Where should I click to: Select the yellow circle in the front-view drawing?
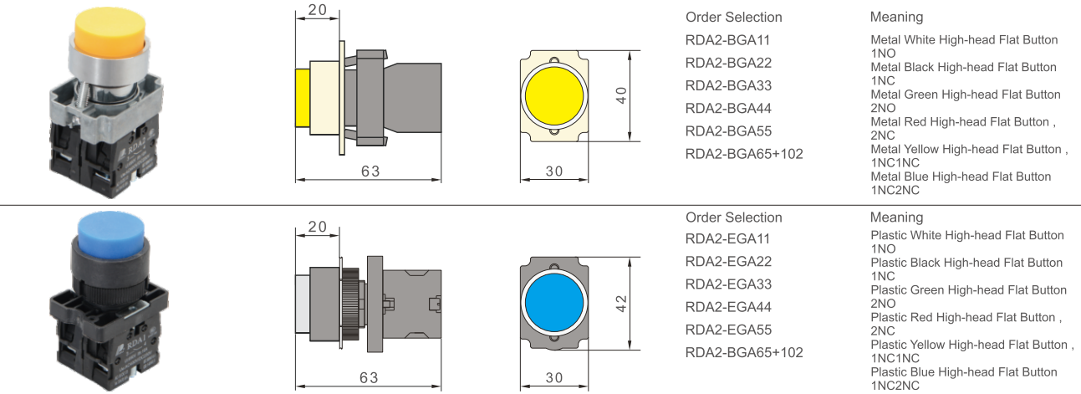[553, 97]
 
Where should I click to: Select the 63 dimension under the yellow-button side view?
[370, 171]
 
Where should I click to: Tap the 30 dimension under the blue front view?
[554, 377]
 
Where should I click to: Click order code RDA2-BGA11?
[728, 40]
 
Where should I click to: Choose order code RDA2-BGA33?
[728, 85]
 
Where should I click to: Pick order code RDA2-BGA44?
[728, 108]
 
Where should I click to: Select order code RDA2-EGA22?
[728, 262]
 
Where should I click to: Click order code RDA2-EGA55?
[728, 330]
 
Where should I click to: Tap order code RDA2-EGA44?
[728, 307]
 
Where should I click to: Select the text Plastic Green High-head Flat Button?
[968, 290]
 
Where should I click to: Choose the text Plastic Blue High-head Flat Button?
[964, 372]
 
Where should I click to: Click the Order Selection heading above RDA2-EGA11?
[733, 217]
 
